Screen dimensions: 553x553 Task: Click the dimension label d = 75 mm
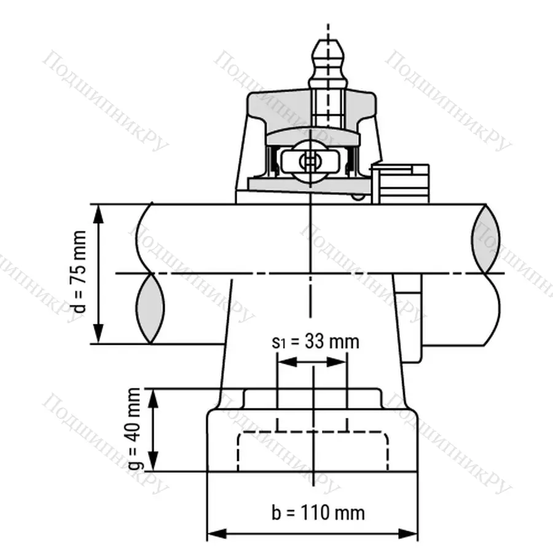pyautogui.click(x=80, y=273)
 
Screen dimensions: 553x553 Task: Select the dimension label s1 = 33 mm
pyautogui.click(x=315, y=341)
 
